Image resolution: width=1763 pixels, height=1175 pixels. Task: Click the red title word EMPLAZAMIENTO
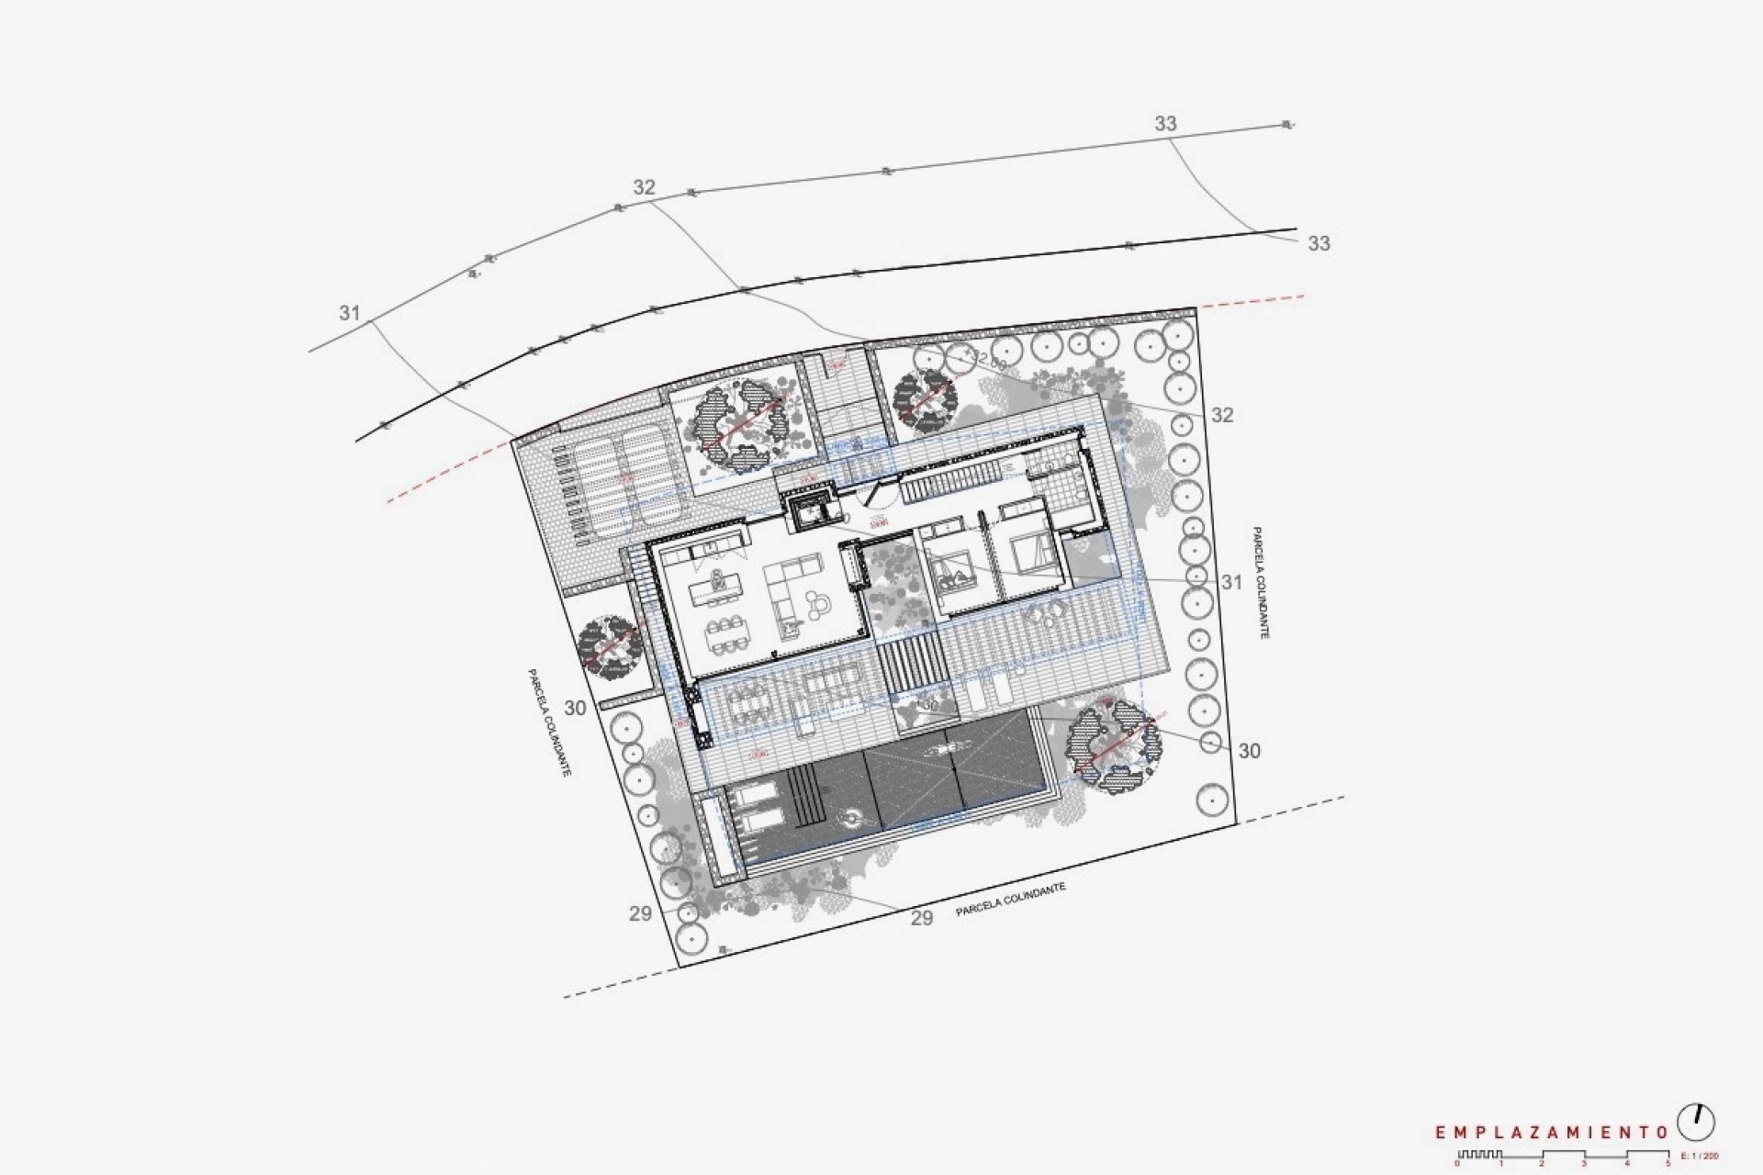[1551, 1133]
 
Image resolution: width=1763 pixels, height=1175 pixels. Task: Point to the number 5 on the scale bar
[1668, 1163]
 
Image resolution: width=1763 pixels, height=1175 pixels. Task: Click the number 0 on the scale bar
[1457, 1163]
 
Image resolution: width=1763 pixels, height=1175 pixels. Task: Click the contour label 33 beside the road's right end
[1319, 243]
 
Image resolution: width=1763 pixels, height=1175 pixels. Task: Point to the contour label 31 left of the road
[349, 313]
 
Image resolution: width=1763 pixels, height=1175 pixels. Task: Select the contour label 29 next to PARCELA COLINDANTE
[922, 918]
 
